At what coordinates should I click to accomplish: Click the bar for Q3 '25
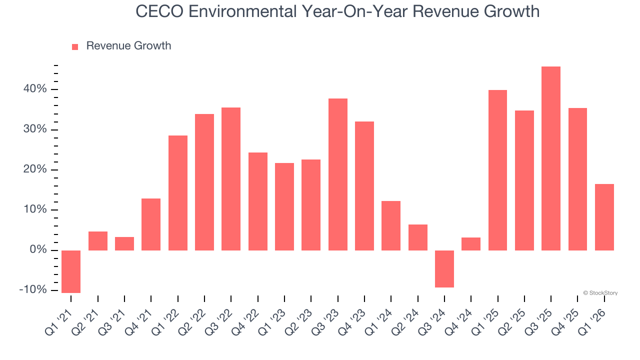tap(551, 158)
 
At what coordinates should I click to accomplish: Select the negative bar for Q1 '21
tap(71, 271)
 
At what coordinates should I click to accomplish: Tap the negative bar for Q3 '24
tap(444, 269)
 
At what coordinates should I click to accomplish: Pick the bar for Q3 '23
tap(338, 174)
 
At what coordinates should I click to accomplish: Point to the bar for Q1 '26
tap(604, 217)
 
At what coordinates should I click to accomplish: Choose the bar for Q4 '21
tap(151, 224)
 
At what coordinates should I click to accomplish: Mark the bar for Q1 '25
tap(497, 170)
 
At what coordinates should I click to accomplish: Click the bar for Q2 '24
tap(418, 237)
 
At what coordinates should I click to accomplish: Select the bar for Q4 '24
tap(471, 244)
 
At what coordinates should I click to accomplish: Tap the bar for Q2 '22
tap(204, 182)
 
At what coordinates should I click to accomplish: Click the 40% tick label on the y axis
tap(34, 89)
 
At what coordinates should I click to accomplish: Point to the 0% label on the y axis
tap(37, 250)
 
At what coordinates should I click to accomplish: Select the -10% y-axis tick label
tap(33, 290)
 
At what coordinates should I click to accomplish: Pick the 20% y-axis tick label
tap(34, 170)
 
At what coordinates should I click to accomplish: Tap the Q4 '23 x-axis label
tap(354, 320)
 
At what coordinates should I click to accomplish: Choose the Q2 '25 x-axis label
tap(514, 320)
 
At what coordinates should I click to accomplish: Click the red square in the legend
tap(75, 47)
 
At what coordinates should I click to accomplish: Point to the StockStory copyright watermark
tap(600, 293)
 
